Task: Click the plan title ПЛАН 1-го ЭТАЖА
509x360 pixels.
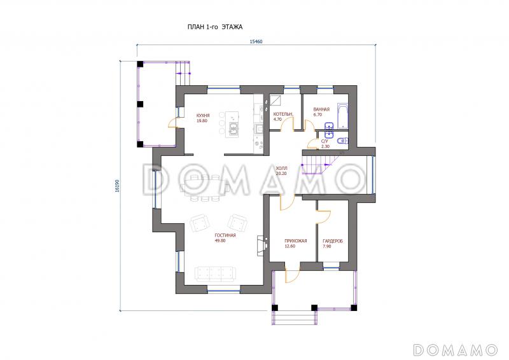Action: tap(215, 27)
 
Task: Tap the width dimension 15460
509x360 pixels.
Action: tap(256, 41)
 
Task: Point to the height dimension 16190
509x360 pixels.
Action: tap(117, 186)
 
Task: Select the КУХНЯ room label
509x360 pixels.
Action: tap(203, 116)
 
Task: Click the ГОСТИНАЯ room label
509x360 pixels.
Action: tap(225, 235)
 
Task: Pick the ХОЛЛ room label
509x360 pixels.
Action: tap(281, 169)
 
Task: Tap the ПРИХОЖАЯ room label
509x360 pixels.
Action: tap(296, 241)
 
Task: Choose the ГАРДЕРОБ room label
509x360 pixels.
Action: tap(333, 241)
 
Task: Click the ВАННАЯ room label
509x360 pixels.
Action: tap(321, 109)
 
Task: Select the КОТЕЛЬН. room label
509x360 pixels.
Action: tap(283, 114)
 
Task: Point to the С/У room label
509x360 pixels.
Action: tap(324, 142)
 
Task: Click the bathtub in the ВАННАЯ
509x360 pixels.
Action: tap(342, 116)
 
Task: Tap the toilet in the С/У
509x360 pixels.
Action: tap(342, 141)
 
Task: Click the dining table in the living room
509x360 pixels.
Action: tap(205, 187)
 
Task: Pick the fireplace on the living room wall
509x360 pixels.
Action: tap(261, 246)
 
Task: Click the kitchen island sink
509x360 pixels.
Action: tap(234, 128)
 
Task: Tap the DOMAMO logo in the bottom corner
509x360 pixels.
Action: tap(456, 350)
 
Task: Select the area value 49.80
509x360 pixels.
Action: tap(220, 240)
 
